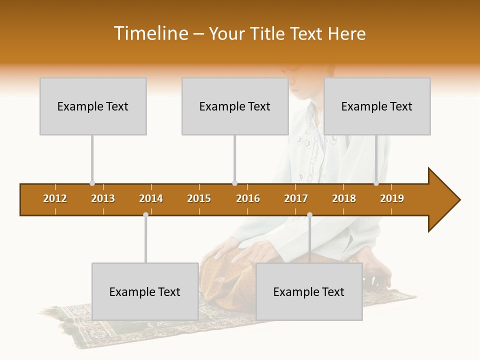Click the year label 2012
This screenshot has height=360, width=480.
pos(55,198)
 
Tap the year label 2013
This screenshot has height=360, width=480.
pos(103,198)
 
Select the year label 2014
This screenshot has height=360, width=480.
pos(151,198)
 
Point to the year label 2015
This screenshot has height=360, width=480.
pos(199,198)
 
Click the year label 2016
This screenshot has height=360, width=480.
pos(248,198)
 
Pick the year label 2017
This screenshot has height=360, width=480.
pos(296,198)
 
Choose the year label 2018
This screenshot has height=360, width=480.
pos(344,198)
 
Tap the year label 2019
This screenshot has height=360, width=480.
pos(392,198)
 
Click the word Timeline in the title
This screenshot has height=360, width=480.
pos(150,33)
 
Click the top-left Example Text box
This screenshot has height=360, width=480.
pos(93,106)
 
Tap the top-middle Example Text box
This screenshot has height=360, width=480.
pos(235,106)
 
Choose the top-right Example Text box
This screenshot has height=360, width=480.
pos(377,106)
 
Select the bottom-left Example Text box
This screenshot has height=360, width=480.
pos(145,291)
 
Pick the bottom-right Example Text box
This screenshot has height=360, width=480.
pos(309,291)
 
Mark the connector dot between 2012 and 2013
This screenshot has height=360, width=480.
pos(92,183)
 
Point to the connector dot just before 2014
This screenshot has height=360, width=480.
pos(145,214)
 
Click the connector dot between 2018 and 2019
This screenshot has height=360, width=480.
pos(376,183)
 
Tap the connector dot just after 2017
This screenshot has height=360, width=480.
pos(309,214)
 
